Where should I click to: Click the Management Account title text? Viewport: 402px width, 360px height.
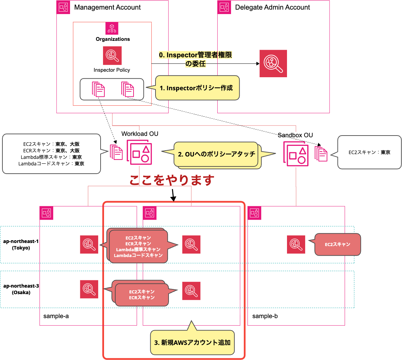pos(107,7)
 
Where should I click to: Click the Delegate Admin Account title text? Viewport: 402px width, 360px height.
pos(272,7)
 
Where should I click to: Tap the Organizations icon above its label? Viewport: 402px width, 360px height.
pos(112,28)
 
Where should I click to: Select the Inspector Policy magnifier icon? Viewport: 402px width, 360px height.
pos(112,56)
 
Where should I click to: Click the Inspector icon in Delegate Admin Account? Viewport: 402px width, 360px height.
pos(273,63)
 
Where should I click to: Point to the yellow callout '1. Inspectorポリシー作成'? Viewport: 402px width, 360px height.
pos(197,88)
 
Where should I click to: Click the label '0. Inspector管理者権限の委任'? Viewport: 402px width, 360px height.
pos(195,59)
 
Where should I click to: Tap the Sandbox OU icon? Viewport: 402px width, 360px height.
pos(296,153)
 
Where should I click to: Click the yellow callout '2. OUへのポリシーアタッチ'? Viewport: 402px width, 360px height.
pos(216,154)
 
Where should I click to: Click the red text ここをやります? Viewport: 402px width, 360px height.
pos(172,180)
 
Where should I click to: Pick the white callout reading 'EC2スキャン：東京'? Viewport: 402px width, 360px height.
pos(369,152)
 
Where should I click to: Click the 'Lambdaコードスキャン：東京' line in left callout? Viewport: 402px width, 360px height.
pos(51,164)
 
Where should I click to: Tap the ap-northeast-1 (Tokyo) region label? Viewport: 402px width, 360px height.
pos(21,245)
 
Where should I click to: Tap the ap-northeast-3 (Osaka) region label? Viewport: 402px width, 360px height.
pos(21,289)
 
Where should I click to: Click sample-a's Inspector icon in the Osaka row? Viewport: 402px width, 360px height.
pos(89,289)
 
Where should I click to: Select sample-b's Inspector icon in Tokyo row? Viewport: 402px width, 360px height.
pos(296,244)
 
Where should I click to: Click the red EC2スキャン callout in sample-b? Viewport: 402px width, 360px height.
pos(337,244)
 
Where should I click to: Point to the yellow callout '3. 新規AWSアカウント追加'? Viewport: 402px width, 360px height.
pos(192,342)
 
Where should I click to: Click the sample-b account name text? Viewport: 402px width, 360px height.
pos(265,316)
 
